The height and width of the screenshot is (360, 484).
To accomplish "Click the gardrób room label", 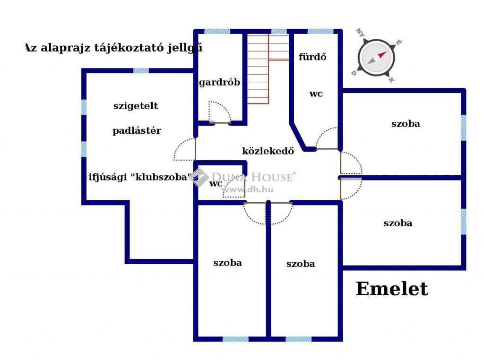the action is pyautogui.click(x=219, y=83).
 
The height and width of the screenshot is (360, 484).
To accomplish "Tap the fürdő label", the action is pyautogui.click(x=312, y=57).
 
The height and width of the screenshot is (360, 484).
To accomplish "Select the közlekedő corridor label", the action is pyautogui.click(x=268, y=151).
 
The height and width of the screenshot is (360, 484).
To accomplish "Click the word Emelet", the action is pyautogui.click(x=392, y=289).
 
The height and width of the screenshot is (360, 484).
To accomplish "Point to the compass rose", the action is pyautogui.click(x=376, y=58).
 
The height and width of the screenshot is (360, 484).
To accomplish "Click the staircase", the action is pyautogui.click(x=268, y=69).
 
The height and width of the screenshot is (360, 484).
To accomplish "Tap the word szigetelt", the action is pyautogui.click(x=136, y=106).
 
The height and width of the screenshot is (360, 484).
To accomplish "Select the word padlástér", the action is pyautogui.click(x=137, y=130).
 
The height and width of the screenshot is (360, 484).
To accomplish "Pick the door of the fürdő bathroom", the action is pyautogui.click(x=327, y=138).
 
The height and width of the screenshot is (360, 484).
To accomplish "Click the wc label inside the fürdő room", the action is pyautogui.click(x=316, y=94).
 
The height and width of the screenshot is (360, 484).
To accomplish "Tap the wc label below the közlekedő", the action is pyautogui.click(x=216, y=184).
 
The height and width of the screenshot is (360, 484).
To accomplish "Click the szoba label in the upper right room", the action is pyautogui.click(x=406, y=124).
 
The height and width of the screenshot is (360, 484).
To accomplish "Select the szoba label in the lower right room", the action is pyautogui.click(x=398, y=223).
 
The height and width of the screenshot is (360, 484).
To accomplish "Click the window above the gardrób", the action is pyautogui.click(x=217, y=31).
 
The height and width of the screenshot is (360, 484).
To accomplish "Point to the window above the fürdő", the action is pyautogui.click(x=320, y=31).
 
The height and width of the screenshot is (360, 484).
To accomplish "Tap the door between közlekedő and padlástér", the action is pyautogui.click(x=185, y=149).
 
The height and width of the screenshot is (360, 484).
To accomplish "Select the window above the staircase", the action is pyautogui.click(x=279, y=31).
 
